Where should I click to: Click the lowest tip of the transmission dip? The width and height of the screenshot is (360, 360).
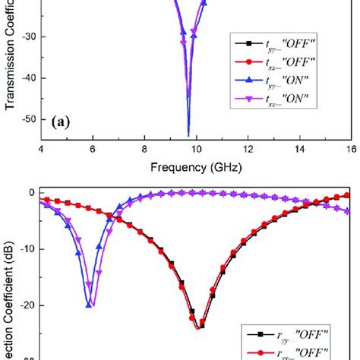point(188,135)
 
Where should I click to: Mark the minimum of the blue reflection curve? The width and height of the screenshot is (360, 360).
point(90,305)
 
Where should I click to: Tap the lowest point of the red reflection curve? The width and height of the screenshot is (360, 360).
point(199,327)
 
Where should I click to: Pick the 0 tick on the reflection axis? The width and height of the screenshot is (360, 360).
point(33,193)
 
